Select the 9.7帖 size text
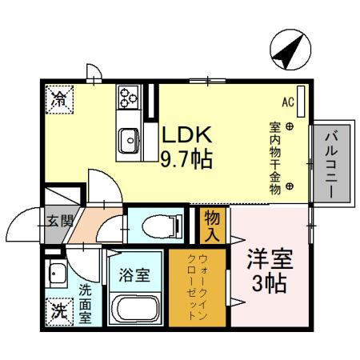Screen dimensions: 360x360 186,158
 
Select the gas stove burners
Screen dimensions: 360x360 128,98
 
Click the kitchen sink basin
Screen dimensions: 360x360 128,142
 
